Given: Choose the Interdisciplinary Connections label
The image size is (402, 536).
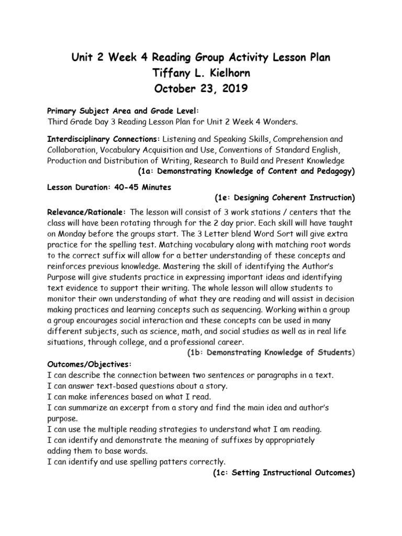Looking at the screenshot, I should pos(104,139).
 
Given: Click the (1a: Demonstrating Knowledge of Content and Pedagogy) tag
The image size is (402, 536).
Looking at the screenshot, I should pos(246,171).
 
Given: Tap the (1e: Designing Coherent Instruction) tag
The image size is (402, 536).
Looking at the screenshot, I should pos(285,198).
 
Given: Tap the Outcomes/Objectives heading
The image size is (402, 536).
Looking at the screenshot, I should pos(90,364).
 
